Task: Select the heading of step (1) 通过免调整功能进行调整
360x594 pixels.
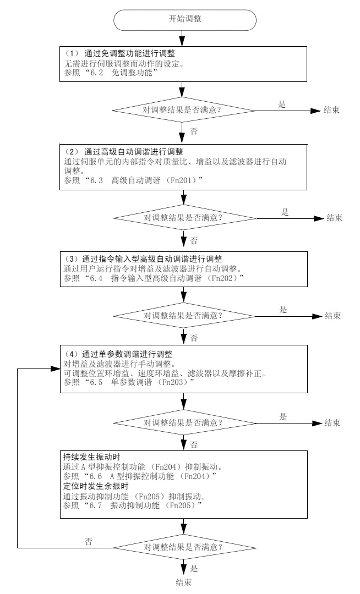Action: pyautogui.click(x=119, y=54)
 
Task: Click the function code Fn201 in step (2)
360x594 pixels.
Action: pyautogui.click(x=181, y=180)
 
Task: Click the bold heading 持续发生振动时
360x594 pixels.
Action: pyautogui.click(x=91, y=457)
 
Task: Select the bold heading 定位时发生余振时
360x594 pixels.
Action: pyautogui.click(x=95, y=486)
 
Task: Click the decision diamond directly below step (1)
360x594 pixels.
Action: pyautogui.click(x=183, y=110)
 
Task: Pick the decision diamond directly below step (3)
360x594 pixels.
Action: pyautogui.click(x=184, y=316)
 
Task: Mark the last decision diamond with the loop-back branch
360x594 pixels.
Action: pyautogui.click(x=184, y=547)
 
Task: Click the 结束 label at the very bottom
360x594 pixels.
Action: pyautogui.click(x=184, y=582)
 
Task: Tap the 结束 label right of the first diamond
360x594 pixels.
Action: pyautogui.click(x=331, y=110)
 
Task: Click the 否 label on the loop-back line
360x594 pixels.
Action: pyautogui.click(x=89, y=542)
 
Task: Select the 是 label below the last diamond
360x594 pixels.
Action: pyautogui.click(x=194, y=569)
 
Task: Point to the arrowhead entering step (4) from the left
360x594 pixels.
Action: pyautogui.click(x=56, y=368)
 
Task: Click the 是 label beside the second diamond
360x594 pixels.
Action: pyautogui.click(x=285, y=212)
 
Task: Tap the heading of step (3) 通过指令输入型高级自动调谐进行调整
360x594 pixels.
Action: pyautogui.click(x=144, y=259)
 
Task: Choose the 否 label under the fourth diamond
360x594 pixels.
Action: pyautogui.click(x=194, y=445)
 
